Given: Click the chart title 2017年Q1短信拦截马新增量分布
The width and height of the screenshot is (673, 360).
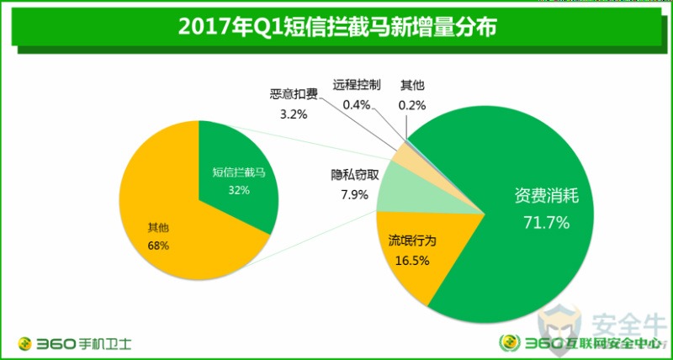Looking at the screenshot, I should tap(336, 28).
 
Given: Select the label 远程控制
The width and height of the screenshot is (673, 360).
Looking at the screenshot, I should tap(357, 84).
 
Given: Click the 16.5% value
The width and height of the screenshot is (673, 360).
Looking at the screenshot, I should tap(412, 261).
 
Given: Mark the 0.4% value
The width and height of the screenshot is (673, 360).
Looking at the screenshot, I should tap(357, 104).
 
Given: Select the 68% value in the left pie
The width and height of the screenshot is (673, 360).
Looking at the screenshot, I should tap(157, 246).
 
